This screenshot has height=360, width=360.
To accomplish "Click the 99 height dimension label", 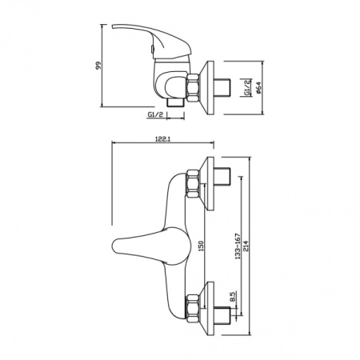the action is click(x=98, y=66).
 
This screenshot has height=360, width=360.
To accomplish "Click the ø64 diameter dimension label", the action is click(x=258, y=87).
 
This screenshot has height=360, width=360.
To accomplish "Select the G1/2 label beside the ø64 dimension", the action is click(x=247, y=87).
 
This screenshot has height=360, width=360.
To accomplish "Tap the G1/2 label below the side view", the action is click(x=155, y=114).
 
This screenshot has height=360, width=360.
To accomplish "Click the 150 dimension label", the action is click(x=201, y=246).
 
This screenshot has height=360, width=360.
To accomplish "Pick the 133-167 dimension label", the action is click(x=238, y=246).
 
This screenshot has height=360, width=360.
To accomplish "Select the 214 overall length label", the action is click(x=246, y=246).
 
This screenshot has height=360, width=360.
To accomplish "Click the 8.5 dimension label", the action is click(x=233, y=297).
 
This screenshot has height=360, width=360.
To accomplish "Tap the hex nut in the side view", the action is click(x=193, y=87).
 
